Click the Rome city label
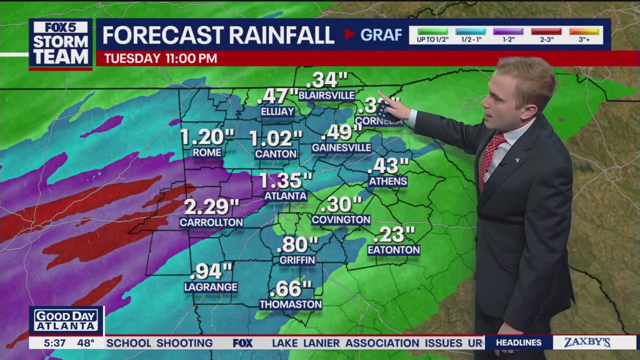pos(206,152)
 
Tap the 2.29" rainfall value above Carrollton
pos(211,206)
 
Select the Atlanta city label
pos(285,196)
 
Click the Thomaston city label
pos(290,304)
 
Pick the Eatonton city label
pos(393,249)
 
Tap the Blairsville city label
pos(326,95)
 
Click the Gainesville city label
pos(341,147)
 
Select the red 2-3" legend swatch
pos(546,31)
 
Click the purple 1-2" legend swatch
pos(508,31)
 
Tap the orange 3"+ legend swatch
pos(584,31)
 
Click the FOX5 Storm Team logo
pos(60,43)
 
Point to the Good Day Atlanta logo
pos(66,320)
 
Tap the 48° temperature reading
pos(85,343)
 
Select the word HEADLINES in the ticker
pos(518,342)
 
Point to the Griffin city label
pos(297,260)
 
